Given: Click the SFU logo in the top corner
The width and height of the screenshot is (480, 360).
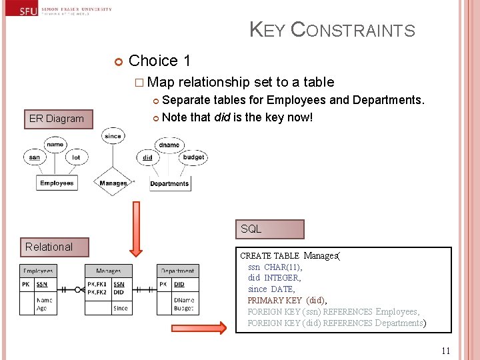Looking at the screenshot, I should pyautogui.click(x=28, y=11).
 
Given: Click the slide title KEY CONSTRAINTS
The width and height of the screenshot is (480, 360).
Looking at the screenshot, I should pyautogui.click(x=332, y=30).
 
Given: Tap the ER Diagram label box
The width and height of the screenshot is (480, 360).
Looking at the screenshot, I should pyautogui.click(x=57, y=119).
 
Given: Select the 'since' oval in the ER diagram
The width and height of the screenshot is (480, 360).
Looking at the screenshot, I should pyautogui.click(x=113, y=136).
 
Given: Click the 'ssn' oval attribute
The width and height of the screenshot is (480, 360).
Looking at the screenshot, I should pyautogui.click(x=34, y=157).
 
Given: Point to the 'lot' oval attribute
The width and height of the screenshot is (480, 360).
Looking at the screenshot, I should pyautogui.click(x=76, y=157).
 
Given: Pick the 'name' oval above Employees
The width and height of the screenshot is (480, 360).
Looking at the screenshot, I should pyautogui.click(x=55, y=143).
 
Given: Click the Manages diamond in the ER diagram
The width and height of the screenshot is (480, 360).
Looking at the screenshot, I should pyautogui.click(x=113, y=183).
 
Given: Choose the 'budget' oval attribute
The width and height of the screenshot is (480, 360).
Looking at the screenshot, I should pyautogui.click(x=193, y=157).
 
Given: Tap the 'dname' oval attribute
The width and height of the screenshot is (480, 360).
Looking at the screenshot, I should pyautogui.click(x=169, y=145).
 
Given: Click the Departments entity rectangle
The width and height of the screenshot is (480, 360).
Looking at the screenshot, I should pyautogui.click(x=169, y=183).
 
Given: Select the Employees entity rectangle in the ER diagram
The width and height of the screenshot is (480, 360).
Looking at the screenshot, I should pyautogui.click(x=57, y=183).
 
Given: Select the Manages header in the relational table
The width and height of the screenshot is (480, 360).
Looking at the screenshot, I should pyautogui.click(x=108, y=271).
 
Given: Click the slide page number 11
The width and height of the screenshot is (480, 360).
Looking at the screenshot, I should pyautogui.click(x=446, y=351).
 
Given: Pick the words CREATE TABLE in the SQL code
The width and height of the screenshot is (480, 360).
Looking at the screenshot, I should pyautogui.click(x=269, y=256).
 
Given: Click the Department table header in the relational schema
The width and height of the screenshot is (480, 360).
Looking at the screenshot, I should pyautogui.click(x=177, y=271).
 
